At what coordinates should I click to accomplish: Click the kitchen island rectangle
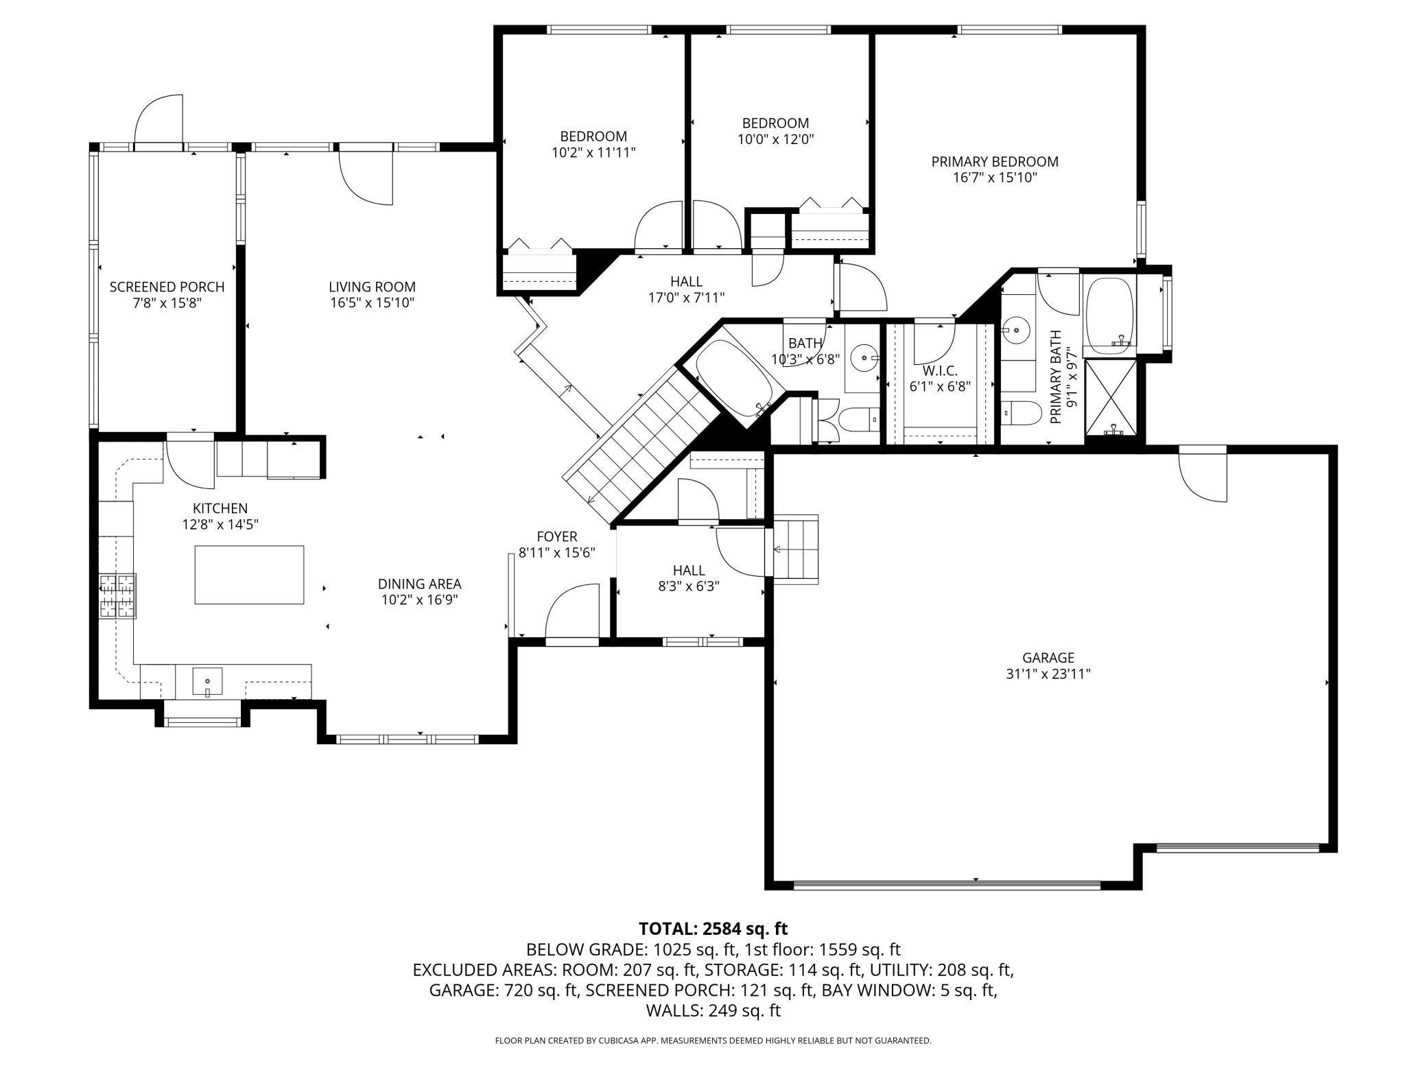(x=249, y=575)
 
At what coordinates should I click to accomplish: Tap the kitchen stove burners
(x=118, y=596)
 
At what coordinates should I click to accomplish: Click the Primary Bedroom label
(x=994, y=162)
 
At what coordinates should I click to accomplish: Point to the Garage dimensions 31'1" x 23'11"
(x=1048, y=674)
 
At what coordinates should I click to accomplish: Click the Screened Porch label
(x=167, y=287)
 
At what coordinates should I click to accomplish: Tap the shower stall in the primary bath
(x=1111, y=399)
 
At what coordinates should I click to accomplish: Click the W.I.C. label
(x=939, y=370)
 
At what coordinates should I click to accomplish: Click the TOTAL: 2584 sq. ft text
(x=713, y=929)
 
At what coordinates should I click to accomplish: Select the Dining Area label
(x=420, y=584)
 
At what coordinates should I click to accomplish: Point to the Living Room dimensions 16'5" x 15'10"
(x=373, y=302)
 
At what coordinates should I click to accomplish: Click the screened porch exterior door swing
(x=158, y=121)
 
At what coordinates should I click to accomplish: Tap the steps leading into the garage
(x=795, y=549)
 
